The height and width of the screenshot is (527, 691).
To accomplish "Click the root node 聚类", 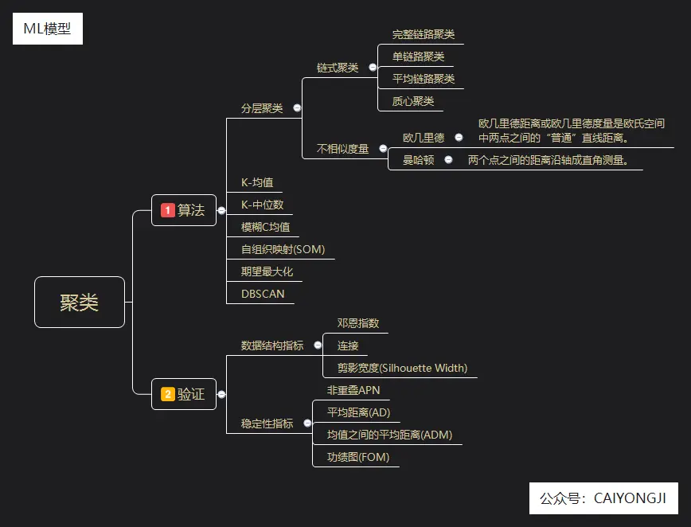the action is (x=80, y=302).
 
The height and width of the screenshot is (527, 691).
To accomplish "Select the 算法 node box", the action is (x=184, y=210).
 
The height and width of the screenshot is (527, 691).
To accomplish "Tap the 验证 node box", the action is (x=184, y=394).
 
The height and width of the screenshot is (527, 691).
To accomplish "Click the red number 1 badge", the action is (x=167, y=210).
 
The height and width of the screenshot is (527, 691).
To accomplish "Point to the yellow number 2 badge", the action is (x=167, y=394).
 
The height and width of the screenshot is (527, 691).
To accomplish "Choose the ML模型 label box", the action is (x=48, y=30).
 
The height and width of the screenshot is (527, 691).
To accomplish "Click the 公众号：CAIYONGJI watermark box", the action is (x=603, y=498).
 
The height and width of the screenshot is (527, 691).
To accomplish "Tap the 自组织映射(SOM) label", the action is (x=283, y=249).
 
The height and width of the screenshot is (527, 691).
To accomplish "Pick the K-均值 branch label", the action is (x=256, y=182).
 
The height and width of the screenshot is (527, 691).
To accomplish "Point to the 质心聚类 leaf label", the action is (x=413, y=101).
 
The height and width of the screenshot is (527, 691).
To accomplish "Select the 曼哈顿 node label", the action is (x=418, y=159).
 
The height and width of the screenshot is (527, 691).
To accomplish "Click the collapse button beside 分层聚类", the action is (x=297, y=107).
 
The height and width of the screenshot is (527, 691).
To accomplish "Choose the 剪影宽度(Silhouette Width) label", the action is (x=402, y=368).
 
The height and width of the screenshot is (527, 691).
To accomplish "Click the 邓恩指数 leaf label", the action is (x=357, y=323).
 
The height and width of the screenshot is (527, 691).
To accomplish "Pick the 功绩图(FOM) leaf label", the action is (x=357, y=457).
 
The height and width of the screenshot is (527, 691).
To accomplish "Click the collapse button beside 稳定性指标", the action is (x=307, y=424).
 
